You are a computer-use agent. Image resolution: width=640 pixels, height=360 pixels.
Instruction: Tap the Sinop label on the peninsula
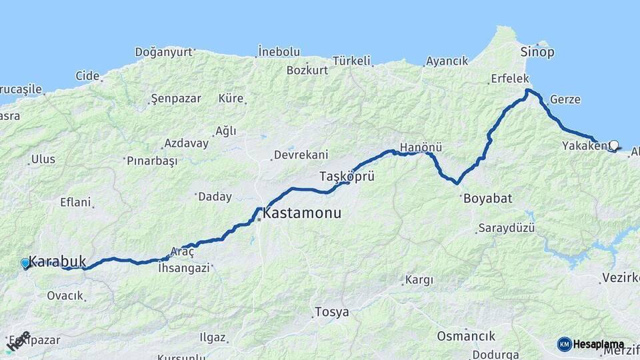(x=537, y=52)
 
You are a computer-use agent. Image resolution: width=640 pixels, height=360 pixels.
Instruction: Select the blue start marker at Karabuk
(x=25, y=263)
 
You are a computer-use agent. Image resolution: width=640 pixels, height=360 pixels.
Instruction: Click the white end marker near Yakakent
(x=613, y=145)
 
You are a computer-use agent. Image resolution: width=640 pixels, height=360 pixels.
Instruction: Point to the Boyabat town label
(x=486, y=198)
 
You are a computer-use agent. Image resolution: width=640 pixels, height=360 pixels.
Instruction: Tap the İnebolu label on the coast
(x=279, y=51)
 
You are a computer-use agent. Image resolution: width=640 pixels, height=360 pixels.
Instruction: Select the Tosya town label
(x=331, y=311)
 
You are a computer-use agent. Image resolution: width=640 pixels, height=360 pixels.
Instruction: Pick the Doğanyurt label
(x=163, y=51)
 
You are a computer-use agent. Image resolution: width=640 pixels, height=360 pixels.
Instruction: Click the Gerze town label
(x=565, y=99)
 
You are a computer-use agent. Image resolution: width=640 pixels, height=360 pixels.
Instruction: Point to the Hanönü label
(x=421, y=147)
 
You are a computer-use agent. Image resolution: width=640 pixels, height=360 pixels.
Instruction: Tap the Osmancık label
(x=466, y=335)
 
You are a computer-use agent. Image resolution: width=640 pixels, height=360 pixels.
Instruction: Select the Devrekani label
(x=299, y=155)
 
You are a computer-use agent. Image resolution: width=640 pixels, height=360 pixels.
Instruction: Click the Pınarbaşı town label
(x=154, y=161)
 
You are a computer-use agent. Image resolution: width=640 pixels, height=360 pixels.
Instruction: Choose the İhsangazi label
(x=183, y=268)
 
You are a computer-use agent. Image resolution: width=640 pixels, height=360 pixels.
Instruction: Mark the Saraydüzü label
(x=506, y=228)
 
